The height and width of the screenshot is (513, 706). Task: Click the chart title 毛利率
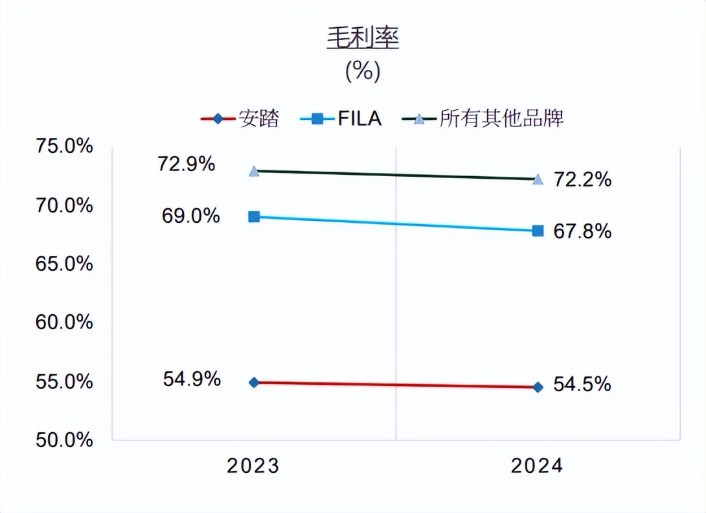[x=363, y=39]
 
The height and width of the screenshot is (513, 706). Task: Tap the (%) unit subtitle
[x=363, y=71]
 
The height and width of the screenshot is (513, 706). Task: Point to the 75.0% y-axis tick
[x=63, y=147]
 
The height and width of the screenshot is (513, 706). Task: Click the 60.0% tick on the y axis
[x=63, y=323]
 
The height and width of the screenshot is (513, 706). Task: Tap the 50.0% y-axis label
[x=63, y=440]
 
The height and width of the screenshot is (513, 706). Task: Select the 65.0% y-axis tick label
[x=63, y=264]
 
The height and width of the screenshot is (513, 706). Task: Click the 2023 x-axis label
[x=253, y=466]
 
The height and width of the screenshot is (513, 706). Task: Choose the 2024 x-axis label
[x=537, y=466]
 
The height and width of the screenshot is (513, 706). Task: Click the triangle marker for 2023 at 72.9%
[x=254, y=172]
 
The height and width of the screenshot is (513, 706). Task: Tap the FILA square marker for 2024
[x=538, y=231]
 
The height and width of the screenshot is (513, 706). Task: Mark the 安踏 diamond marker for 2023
[x=254, y=382]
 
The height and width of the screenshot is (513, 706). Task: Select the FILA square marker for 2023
[x=254, y=216]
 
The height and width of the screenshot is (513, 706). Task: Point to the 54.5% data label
[x=582, y=385]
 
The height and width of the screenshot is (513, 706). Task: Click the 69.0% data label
[x=190, y=216]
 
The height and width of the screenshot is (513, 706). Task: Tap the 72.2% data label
[x=582, y=179]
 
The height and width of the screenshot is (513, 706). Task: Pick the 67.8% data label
[x=582, y=231]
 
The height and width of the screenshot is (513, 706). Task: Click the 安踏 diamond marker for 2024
[x=538, y=387]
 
